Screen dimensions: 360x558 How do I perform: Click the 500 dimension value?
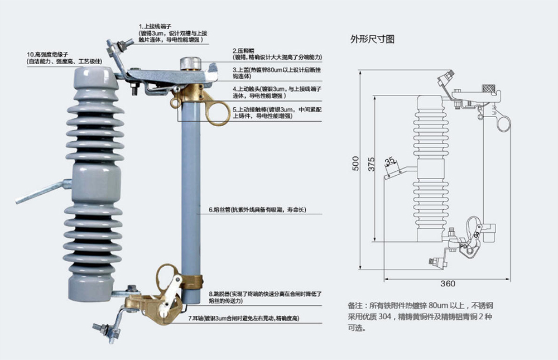(355, 164)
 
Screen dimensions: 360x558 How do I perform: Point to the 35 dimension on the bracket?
(391, 162)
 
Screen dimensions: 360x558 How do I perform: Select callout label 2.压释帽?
(245, 50)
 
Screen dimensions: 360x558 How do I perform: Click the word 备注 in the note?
(355, 306)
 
